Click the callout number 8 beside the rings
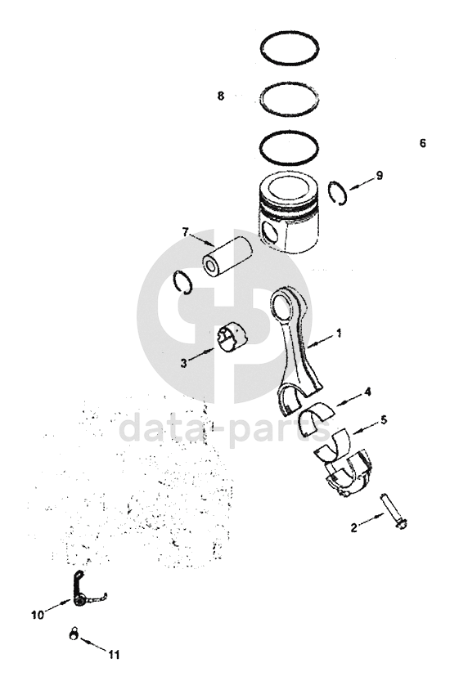221,96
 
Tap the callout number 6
423,143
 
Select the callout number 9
380,176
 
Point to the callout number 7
186,232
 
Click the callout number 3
184,363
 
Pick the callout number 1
339,334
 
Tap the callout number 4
368,392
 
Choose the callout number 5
384,420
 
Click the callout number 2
354,527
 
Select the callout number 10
38,615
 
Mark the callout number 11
114,655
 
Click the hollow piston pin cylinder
227,257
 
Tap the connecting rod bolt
394,512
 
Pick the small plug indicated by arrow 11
73,634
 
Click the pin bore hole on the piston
271,232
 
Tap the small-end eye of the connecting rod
282,307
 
